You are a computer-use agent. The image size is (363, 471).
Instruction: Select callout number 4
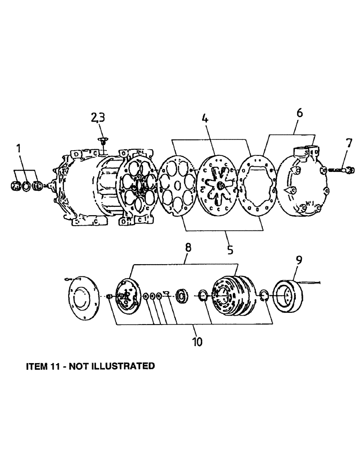[x=205, y=119]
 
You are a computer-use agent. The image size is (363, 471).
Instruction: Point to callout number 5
[x=230, y=249]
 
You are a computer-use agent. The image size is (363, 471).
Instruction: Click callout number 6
[x=300, y=113]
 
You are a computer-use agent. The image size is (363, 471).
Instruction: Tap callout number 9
[x=299, y=260]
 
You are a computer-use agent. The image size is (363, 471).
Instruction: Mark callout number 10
[x=197, y=341]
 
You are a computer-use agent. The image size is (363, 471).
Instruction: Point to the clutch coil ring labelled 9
[x=287, y=297]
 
